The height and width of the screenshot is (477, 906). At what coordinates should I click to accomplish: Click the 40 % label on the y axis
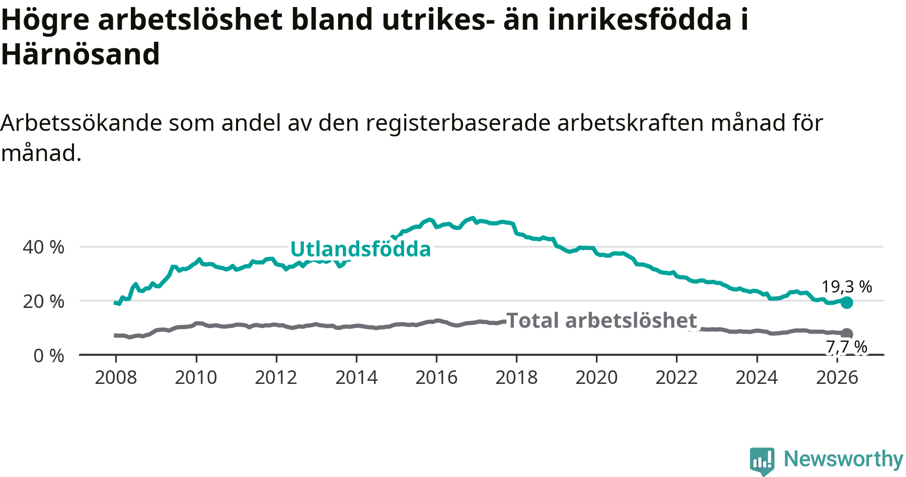pos(43,247)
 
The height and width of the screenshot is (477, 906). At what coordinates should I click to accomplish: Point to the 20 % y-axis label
pos(43,301)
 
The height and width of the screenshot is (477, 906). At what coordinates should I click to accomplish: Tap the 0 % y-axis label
pos(49,356)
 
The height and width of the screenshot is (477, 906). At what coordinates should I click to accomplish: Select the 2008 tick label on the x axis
pos(116,377)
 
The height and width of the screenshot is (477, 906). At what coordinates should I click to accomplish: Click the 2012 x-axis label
pos(276,377)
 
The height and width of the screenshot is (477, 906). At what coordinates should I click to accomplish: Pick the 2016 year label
pos(436,377)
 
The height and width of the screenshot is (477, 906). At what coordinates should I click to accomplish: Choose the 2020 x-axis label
pos(596,377)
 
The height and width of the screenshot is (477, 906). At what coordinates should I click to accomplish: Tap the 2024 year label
pos(757,377)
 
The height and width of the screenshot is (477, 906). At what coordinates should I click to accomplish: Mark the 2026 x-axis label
pos(837,377)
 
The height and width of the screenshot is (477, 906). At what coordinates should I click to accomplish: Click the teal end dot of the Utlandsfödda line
pos(847,302)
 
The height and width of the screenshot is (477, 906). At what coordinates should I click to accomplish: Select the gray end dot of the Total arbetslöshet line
pos(847,334)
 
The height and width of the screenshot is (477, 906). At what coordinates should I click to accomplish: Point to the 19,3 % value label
pos(847,287)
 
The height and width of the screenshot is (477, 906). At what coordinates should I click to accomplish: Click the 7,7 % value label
pos(847,347)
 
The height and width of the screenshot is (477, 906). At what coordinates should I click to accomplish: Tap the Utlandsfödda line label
pos(361,249)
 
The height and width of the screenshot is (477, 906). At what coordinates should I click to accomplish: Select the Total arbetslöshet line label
pos(601,321)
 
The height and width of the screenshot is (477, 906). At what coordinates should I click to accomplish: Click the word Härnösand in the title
pos(81,54)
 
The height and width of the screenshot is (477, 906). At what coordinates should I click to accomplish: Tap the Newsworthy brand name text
pos(844,459)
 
